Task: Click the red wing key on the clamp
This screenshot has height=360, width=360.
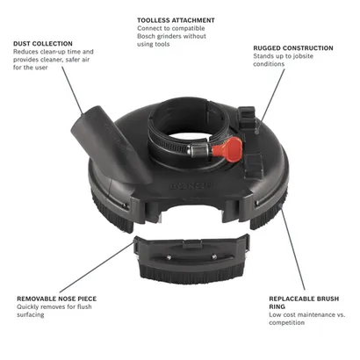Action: pos(227,147)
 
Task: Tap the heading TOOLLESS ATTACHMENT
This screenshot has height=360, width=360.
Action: pos(176,20)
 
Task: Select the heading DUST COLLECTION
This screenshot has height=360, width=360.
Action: pos(43,44)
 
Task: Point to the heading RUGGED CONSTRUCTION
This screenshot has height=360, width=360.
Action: pos(293,48)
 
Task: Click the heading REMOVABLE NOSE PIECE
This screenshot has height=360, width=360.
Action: pos(56,299)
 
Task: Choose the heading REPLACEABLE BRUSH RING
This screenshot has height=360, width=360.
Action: pos(304,303)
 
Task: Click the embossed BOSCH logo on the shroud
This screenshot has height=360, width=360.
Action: pos(191,185)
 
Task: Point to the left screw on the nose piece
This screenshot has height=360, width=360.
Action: pos(169,257)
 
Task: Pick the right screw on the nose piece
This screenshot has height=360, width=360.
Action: pos(214,256)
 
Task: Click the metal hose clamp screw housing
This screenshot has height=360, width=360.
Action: pos(198,149)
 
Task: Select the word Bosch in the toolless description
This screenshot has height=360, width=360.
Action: pos(146,36)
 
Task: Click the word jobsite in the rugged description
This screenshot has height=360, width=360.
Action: pos(302,56)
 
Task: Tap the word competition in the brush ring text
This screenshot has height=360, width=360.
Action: pos(287,322)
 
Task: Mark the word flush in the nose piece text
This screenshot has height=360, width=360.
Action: pos(84,306)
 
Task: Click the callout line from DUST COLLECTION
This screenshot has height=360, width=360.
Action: pos(73,90)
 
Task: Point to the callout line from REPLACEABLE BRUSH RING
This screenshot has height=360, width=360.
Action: pos(292,248)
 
